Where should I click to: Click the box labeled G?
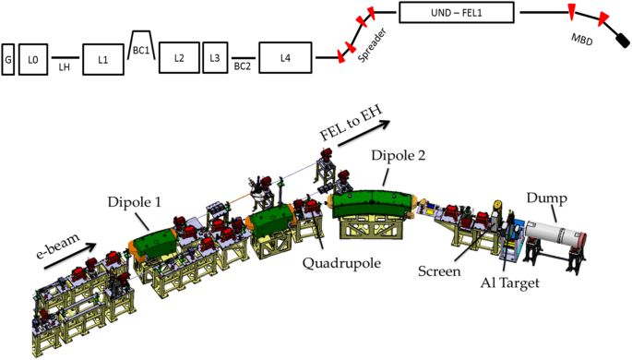(x=8, y=59)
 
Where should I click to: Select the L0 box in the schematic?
(x=33, y=59)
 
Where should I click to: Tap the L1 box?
(x=103, y=60)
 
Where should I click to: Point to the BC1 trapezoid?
(x=141, y=45)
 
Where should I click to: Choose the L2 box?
(x=179, y=57)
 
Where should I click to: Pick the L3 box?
(x=215, y=57)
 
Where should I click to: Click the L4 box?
(x=285, y=57)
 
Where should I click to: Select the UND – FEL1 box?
(x=457, y=13)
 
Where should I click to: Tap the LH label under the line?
(x=65, y=66)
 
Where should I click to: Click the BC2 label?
(x=243, y=66)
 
